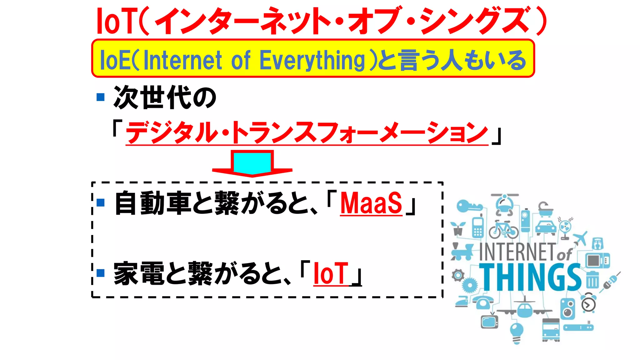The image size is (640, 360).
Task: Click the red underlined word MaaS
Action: tap(371, 203)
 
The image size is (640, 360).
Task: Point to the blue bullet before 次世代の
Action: tap(101, 97)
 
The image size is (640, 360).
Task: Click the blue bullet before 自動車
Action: tap(101, 203)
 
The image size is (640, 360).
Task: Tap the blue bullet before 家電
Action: tap(101, 273)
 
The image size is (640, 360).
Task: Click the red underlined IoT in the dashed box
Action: tap(331, 274)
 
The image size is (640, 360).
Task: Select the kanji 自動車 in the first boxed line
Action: tap(153, 203)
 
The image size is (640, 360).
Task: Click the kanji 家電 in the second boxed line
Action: tap(139, 274)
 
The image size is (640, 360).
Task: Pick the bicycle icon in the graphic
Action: tap(503, 230)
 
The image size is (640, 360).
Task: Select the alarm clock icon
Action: tap(588, 302)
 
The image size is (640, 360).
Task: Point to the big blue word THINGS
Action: tap(530, 277)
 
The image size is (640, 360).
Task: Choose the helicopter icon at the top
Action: tap(504, 204)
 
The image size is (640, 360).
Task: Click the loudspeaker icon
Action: tap(567, 308)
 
